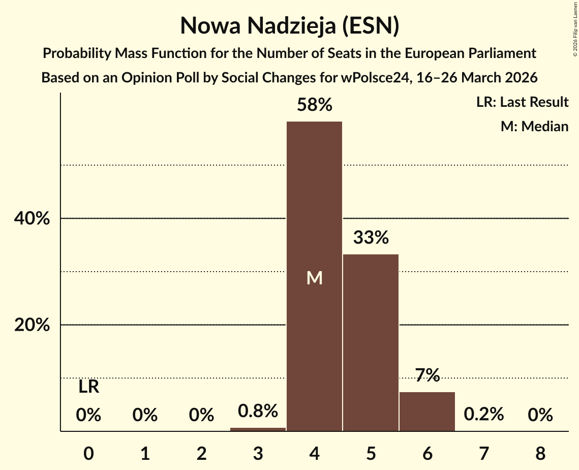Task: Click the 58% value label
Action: click(x=314, y=105)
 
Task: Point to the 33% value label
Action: click(x=371, y=238)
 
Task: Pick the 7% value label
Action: click(x=427, y=375)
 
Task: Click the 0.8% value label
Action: click(x=258, y=411)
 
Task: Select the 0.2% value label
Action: click(x=483, y=415)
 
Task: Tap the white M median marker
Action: click(x=314, y=278)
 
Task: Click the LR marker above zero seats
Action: click(x=89, y=388)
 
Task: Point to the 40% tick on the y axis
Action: click(x=32, y=219)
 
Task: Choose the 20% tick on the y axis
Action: click(x=32, y=325)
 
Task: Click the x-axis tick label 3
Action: click(x=258, y=452)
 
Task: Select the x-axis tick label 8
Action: click(x=540, y=452)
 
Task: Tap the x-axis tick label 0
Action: click(x=89, y=452)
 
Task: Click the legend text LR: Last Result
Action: click(x=522, y=102)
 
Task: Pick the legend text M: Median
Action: click(x=534, y=126)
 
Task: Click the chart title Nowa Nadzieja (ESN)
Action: click(x=289, y=26)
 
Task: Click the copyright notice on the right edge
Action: click(x=575, y=31)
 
